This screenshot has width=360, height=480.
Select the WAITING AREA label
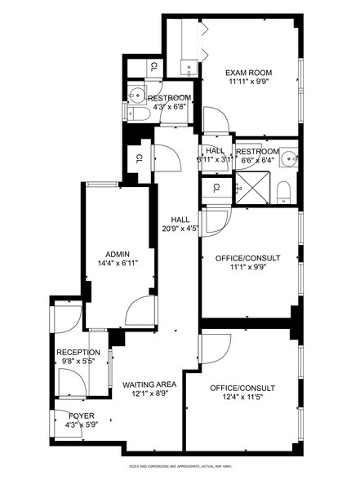coord(149,384)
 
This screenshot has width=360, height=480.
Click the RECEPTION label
coord(78,352)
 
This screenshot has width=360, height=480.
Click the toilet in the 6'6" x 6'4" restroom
coord(282,192)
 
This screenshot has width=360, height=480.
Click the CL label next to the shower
coord(216,188)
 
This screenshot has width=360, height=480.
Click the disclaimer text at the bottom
coord(180,466)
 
